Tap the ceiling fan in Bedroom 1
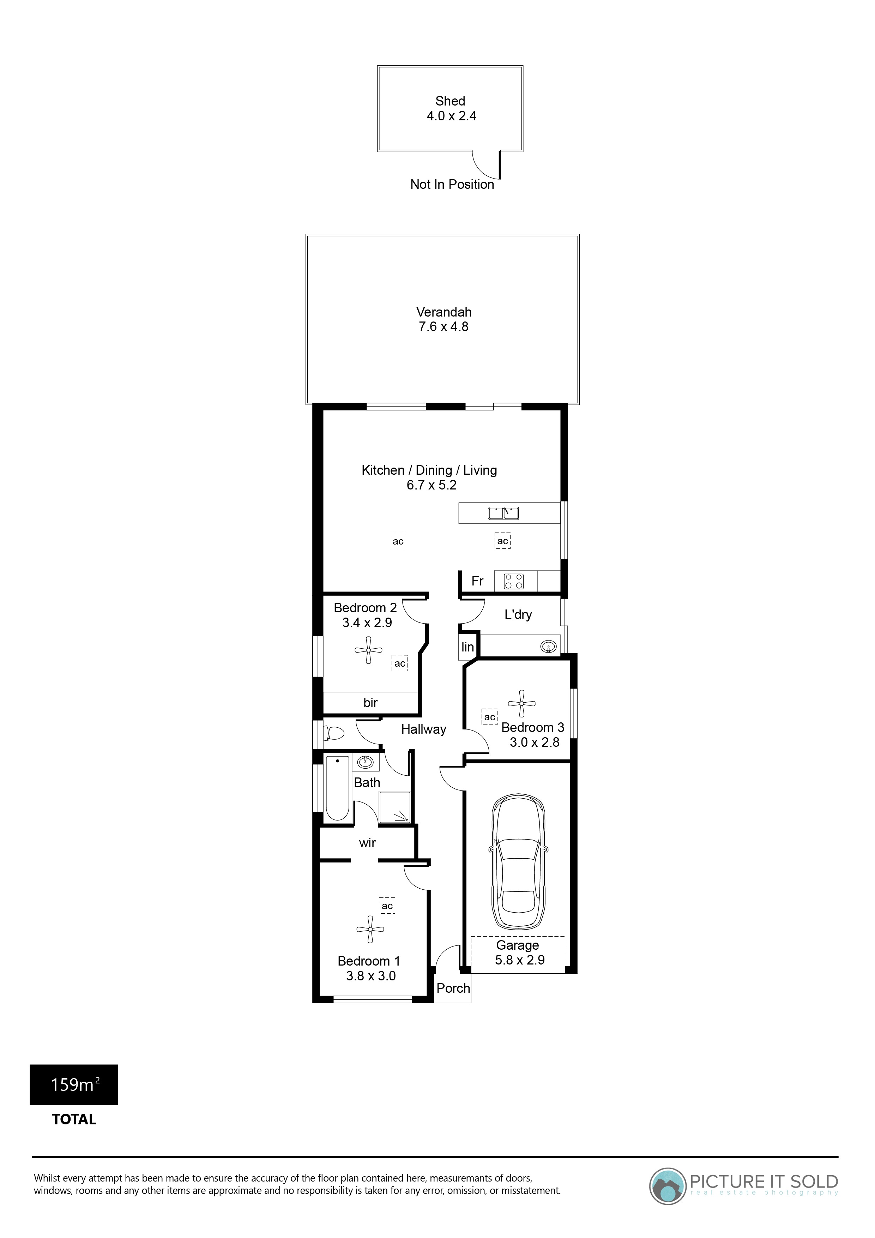(x=370, y=929)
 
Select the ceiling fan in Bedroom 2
(x=369, y=650)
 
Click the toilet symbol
(x=334, y=734)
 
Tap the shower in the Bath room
(x=395, y=807)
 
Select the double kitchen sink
(x=503, y=513)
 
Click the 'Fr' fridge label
(x=477, y=581)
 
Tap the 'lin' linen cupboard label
(x=467, y=647)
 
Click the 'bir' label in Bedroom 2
(x=370, y=703)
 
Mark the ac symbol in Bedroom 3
(x=489, y=717)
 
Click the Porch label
(x=453, y=988)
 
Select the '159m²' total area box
(x=74, y=1085)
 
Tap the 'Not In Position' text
(x=452, y=185)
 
